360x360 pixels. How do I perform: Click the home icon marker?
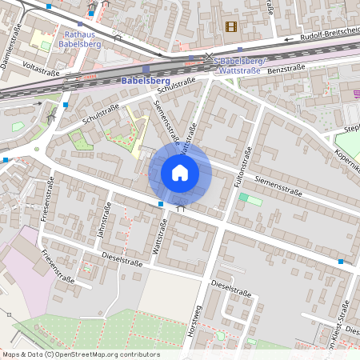tap(180, 172)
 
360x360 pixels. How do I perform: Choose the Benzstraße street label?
tap(289, 70)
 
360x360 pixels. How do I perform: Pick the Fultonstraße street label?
tap(243, 170)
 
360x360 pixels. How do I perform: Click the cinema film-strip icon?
tap(231, 27)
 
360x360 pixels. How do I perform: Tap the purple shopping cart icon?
tap(356, 94)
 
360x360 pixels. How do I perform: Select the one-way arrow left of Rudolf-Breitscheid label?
tap(287, 38)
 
